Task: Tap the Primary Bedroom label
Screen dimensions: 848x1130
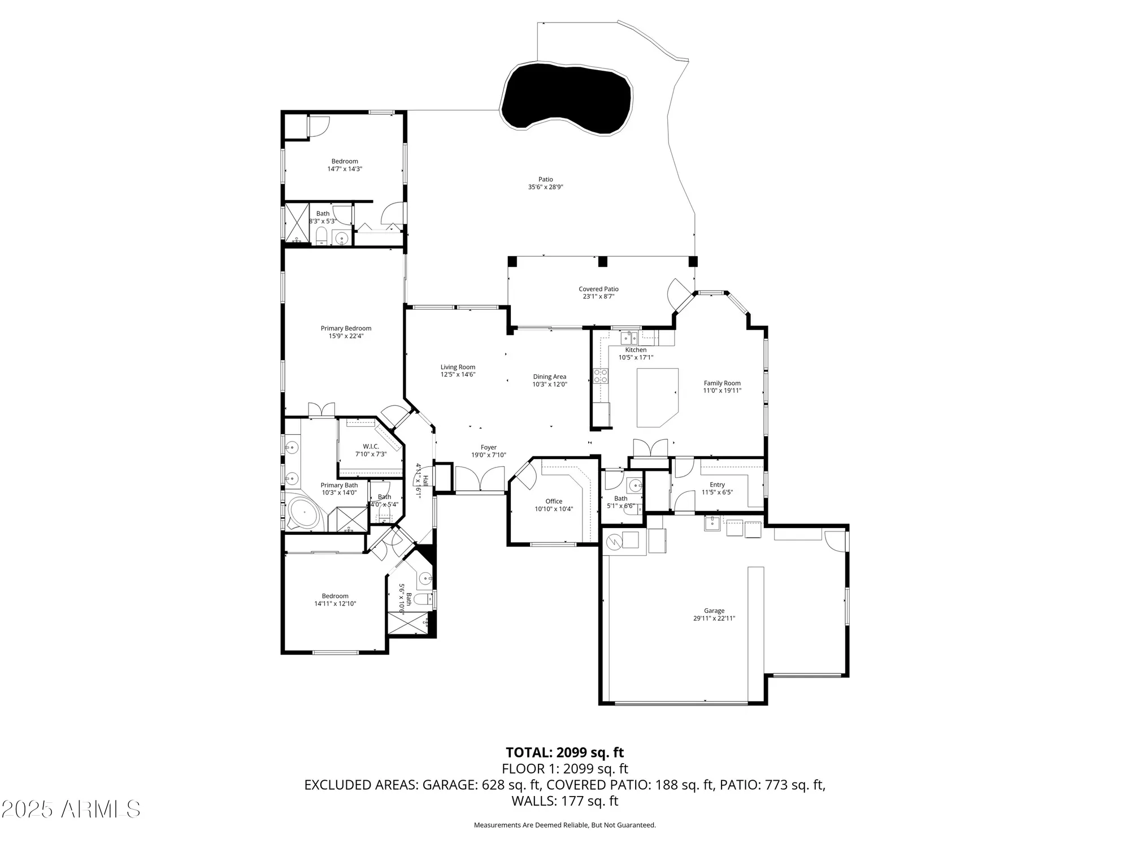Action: click(x=346, y=328)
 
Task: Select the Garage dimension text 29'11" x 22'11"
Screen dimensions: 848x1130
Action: click(x=714, y=618)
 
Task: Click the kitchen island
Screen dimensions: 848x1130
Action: click(x=655, y=396)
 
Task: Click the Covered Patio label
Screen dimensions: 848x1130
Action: click(x=598, y=289)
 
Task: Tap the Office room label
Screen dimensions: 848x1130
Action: click(x=554, y=501)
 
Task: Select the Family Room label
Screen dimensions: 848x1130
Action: click(x=722, y=383)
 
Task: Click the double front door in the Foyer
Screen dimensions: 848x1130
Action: click(x=480, y=479)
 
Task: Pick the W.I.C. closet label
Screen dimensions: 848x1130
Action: click(x=371, y=446)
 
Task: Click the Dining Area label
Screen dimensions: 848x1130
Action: click(x=549, y=377)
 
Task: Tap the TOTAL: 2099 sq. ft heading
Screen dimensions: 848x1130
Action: click(x=564, y=752)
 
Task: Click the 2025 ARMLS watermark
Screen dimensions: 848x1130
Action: click(x=70, y=810)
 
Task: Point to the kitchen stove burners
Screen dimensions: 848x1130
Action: click(x=600, y=376)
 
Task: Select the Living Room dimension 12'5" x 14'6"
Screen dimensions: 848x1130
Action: click(x=458, y=374)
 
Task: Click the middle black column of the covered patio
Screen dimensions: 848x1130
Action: click(x=602, y=262)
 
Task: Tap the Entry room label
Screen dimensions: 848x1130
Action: click(x=717, y=484)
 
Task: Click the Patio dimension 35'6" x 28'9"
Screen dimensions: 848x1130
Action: click(x=545, y=187)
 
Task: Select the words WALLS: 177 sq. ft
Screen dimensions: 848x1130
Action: click(x=564, y=801)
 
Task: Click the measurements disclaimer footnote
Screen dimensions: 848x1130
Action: click(x=564, y=825)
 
